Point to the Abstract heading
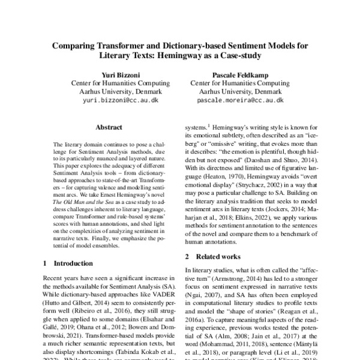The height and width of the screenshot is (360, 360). pos(109,128)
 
